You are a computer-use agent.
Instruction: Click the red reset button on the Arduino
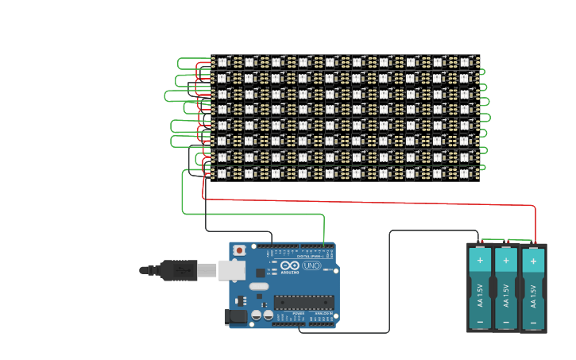click(239, 250)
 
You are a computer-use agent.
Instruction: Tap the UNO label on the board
click(311, 265)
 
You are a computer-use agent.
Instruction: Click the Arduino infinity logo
click(290, 265)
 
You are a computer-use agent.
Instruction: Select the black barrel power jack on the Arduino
click(235, 317)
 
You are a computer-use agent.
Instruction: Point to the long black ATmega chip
click(303, 302)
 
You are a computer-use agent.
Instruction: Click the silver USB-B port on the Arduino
click(231, 270)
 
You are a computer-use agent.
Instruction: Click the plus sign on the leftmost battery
click(480, 261)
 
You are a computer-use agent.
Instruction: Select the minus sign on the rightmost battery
click(533, 322)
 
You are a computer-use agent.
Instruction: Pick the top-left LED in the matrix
click(222, 62)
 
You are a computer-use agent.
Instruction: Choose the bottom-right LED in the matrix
click(465, 173)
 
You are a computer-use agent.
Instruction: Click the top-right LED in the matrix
click(465, 62)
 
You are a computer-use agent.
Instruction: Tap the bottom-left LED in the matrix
click(222, 173)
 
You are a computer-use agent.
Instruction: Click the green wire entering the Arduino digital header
click(324, 238)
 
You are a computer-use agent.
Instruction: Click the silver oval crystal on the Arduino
click(259, 286)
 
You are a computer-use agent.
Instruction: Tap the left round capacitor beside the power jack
click(257, 315)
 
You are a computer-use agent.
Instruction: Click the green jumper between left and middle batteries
click(493, 239)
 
